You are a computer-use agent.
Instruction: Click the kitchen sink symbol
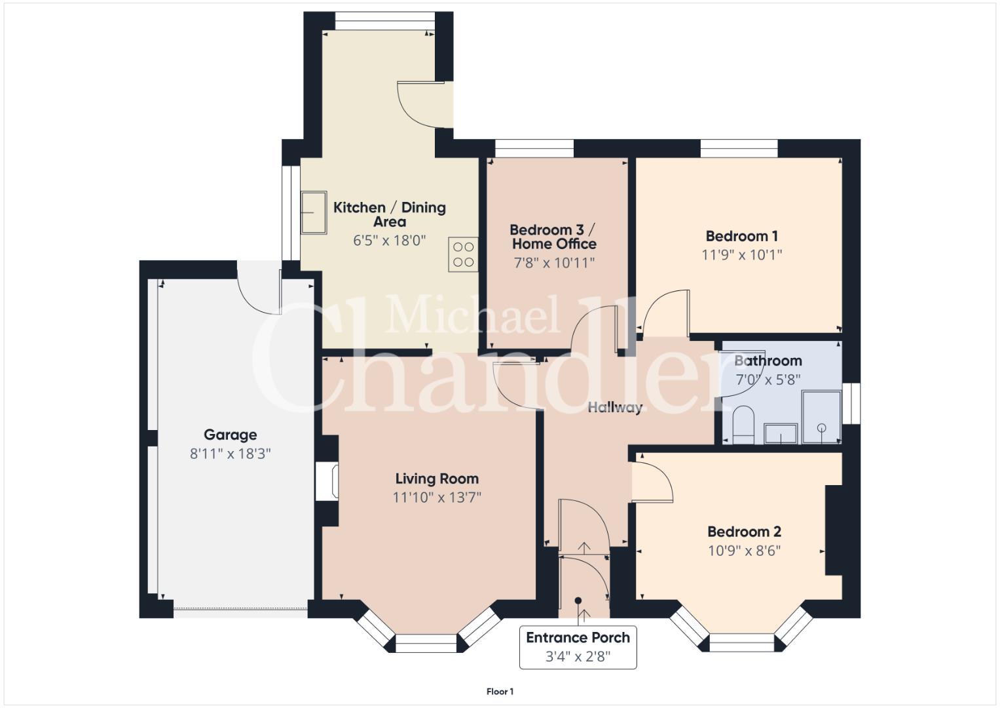tap(314, 213)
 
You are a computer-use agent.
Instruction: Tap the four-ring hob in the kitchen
tap(463, 254)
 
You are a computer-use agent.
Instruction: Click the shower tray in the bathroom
tap(821, 417)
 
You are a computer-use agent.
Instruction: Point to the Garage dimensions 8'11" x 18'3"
tap(231, 454)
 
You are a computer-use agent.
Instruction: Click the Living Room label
tap(437, 479)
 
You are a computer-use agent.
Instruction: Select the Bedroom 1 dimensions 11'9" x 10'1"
tap(741, 255)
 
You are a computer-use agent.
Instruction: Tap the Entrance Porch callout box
tap(578, 647)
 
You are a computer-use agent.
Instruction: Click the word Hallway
tap(615, 408)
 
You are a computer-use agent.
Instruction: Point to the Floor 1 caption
tap(500, 692)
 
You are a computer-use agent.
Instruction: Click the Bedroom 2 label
tap(744, 532)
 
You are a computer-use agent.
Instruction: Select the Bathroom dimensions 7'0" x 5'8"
tap(768, 380)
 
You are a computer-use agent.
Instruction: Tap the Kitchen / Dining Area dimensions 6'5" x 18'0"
tap(390, 241)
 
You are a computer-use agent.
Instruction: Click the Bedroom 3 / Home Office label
tap(553, 237)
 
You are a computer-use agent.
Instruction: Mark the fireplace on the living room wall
tap(327, 481)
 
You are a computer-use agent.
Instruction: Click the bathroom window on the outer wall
tap(851, 403)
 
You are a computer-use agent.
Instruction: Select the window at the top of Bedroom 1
tap(739, 148)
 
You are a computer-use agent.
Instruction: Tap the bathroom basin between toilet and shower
tap(781, 433)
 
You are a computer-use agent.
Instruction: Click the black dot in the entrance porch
tap(578, 600)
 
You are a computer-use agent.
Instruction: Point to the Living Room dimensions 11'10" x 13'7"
tap(437, 498)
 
